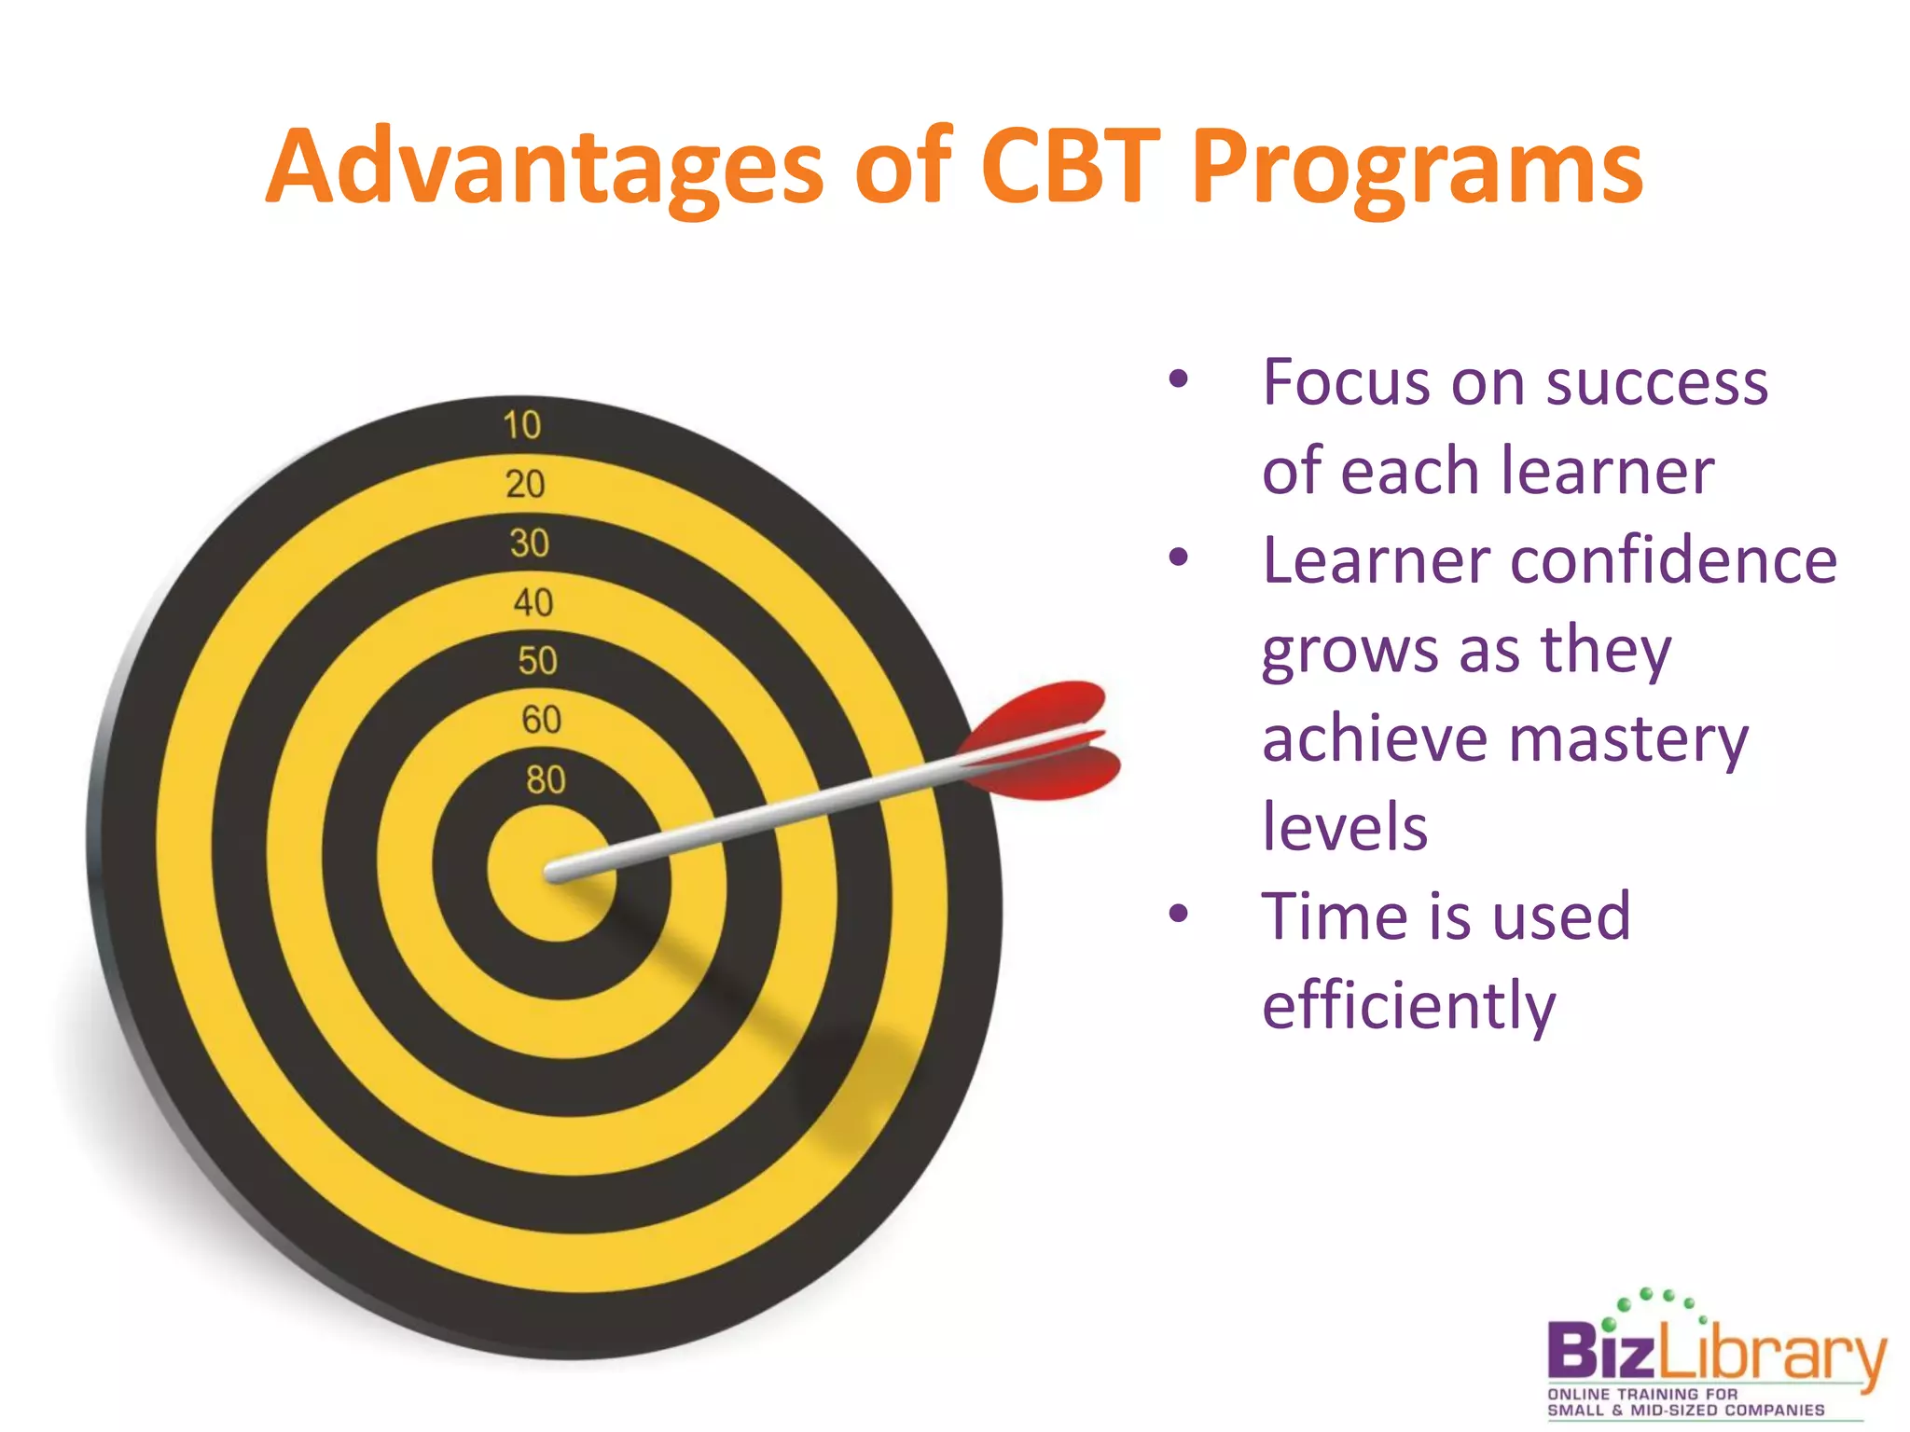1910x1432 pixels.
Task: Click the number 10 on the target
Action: coord(521,425)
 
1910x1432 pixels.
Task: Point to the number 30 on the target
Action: coord(529,543)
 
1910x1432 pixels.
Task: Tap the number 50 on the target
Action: coord(537,660)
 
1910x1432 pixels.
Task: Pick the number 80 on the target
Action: coord(546,779)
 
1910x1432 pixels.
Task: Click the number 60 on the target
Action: coord(541,720)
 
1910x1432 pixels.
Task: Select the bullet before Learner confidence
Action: coord(1179,558)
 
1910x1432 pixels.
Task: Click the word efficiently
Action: coord(1408,1005)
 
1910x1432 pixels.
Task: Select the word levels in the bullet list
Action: coord(1344,827)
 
